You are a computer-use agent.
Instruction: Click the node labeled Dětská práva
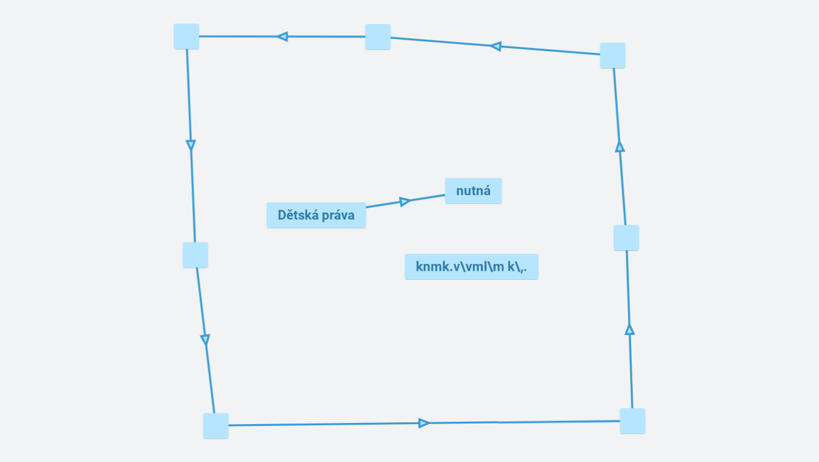click(x=316, y=215)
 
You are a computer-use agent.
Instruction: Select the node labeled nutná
click(x=473, y=191)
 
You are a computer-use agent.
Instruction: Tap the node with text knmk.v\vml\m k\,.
click(x=471, y=266)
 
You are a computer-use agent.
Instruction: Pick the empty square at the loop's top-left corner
click(x=187, y=37)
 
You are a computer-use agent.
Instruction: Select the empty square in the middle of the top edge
click(x=378, y=37)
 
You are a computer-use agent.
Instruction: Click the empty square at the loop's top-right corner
click(x=613, y=55)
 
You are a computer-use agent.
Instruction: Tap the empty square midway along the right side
click(x=626, y=238)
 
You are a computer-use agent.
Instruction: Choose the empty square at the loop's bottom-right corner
click(x=632, y=421)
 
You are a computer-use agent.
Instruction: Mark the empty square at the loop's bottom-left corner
click(x=216, y=426)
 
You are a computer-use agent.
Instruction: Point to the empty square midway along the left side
click(x=196, y=255)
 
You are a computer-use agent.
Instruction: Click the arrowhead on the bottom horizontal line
click(x=423, y=423)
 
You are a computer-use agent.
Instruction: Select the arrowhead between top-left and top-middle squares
click(x=282, y=37)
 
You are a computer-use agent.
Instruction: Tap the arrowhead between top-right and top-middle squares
click(x=496, y=46)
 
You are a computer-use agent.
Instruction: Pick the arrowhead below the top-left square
click(x=191, y=145)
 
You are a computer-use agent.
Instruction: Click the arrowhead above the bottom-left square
click(x=205, y=340)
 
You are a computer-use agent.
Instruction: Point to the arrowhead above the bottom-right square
click(x=630, y=329)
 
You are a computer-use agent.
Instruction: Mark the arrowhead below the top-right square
click(x=620, y=146)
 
